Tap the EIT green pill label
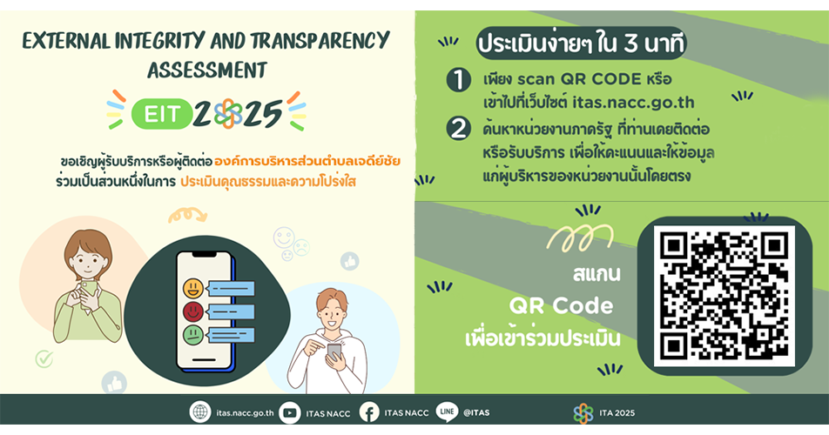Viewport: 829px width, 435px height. tap(160, 112)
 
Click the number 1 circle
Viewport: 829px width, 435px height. tap(459, 81)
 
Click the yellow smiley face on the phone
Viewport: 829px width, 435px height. tap(192, 287)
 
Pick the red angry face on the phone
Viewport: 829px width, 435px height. tap(192, 311)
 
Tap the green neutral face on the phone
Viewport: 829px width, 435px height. tap(192, 335)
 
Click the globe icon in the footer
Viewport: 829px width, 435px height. tap(200, 412)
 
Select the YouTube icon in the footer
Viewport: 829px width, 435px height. tap(290, 412)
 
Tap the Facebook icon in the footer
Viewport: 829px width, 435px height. tap(369, 412)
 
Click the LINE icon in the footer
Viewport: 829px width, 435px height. tap(447, 412)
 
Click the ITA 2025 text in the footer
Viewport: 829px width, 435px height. tap(617, 413)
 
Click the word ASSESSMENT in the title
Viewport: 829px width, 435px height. tap(207, 70)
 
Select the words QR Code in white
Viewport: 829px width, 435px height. tap(562, 306)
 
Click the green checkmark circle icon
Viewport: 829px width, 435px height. tap(44, 358)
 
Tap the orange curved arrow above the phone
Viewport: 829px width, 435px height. tap(185, 214)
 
